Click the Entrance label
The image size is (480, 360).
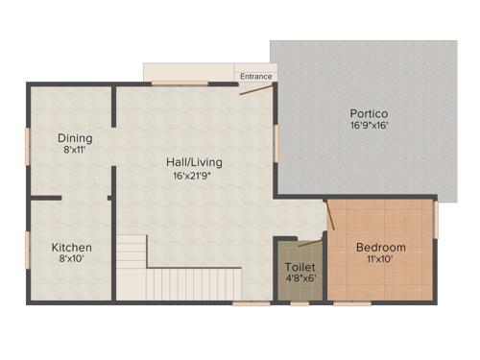coord(256,77)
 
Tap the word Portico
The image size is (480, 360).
coord(369,113)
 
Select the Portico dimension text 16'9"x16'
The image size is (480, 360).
coord(369,125)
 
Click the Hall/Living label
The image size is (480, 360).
coord(192,162)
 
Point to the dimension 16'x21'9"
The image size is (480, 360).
coord(192,176)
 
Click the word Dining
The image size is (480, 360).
coord(74,137)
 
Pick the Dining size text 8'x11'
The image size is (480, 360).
coord(74,150)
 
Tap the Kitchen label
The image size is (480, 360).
coord(71,247)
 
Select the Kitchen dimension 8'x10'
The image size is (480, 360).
coord(71,259)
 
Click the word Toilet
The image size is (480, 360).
coord(298,268)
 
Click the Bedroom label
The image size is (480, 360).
coord(380,247)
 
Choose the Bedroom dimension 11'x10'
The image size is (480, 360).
coord(380,259)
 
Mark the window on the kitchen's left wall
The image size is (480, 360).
coord(27,249)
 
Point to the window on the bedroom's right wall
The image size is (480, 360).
coord(436,220)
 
